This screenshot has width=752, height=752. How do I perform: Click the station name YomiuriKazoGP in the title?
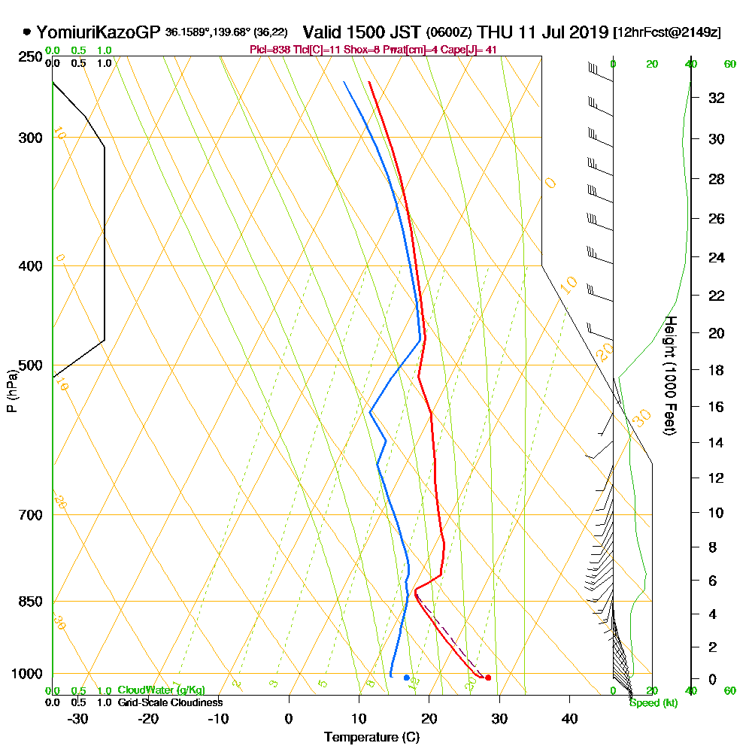(99, 32)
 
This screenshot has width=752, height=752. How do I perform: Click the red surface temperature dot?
(488, 678)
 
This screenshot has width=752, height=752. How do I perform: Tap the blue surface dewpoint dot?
(407, 678)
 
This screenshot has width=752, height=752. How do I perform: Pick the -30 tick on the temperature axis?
(78, 718)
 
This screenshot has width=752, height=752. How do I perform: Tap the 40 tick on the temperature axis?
(569, 718)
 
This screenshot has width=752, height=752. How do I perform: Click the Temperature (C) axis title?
(371, 737)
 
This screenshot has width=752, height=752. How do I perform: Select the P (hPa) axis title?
(11, 391)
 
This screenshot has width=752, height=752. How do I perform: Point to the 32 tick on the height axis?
(717, 98)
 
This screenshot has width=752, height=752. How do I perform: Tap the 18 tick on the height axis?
(717, 370)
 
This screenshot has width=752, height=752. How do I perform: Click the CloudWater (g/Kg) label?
(161, 690)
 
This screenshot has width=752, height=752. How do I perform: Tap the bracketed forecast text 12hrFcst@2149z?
(667, 33)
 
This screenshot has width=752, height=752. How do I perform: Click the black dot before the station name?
(27, 32)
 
